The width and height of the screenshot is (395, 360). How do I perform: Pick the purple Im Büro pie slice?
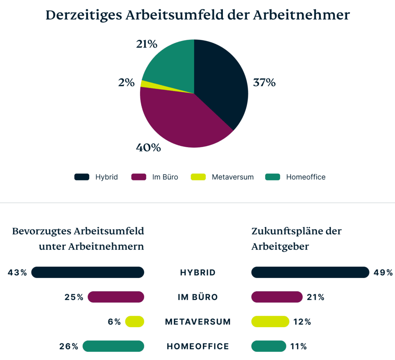pyautogui.click(x=181, y=119)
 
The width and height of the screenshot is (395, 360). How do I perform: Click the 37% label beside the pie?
pyautogui.click(x=264, y=82)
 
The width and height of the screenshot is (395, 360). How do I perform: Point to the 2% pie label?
pyautogui.click(x=127, y=82)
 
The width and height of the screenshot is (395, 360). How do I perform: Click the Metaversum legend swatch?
pyautogui.click(x=198, y=177)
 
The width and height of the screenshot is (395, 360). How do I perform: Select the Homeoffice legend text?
pyautogui.click(x=306, y=177)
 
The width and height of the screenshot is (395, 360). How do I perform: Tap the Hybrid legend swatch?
pyautogui.click(x=82, y=177)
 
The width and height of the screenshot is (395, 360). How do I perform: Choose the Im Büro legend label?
pyautogui.click(x=165, y=177)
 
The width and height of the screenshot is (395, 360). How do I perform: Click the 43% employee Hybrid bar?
pyautogui.click(x=88, y=273)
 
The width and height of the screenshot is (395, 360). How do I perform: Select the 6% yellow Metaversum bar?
pyautogui.click(x=135, y=321)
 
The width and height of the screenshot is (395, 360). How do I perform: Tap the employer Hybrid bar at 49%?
pyautogui.click(x=310, y=273)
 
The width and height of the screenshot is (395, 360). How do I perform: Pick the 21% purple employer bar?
pyautogui.click(x=277, y=297)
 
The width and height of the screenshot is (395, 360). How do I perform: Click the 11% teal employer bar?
pyautogui.click(x=269, y=346)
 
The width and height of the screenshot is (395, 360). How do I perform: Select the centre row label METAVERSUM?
pyautogui.click(x=197, y=321)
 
